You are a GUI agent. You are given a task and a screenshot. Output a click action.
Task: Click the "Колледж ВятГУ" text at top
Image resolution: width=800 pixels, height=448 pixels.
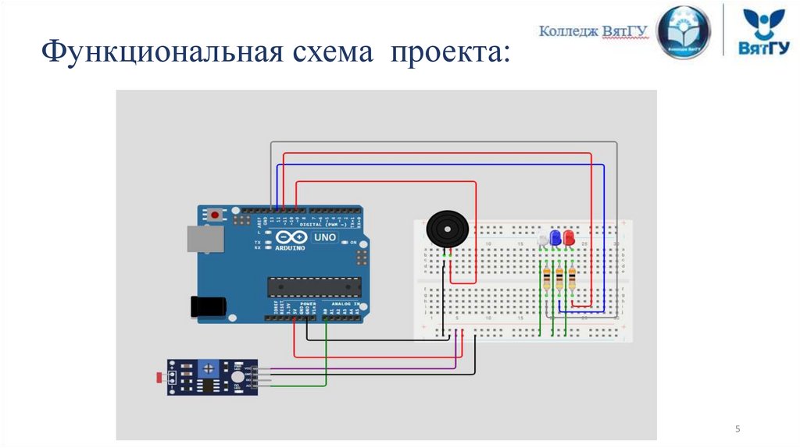click(x=594, y=31)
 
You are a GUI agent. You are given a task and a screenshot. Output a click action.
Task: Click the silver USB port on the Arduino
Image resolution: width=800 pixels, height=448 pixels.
click(x=205, y=239)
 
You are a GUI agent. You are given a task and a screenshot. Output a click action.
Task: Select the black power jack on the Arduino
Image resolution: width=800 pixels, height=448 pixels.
click(x=209, y=306)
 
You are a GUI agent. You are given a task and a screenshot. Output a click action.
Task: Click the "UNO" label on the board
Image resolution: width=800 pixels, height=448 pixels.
click(x=324, y=237)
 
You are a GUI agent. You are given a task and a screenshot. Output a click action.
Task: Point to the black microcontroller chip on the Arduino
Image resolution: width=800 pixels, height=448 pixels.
click(x=315, y=286)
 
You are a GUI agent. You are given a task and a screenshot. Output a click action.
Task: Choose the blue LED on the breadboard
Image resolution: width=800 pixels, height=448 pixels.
click(x=555, y=238)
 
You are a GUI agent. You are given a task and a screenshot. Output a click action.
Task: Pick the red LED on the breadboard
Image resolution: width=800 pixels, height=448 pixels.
click(x=569, y=237)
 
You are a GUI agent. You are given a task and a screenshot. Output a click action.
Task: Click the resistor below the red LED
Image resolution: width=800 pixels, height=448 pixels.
click(x=573, y=277)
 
